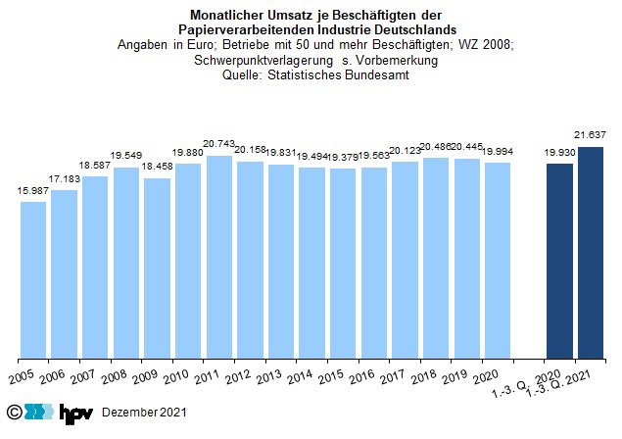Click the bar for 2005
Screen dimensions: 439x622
tap(33, 279)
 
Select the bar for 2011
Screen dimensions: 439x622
tap(219, 257)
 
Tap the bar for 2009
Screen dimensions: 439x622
tap(157, 268)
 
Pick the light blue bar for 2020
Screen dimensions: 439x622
tap(498, 260)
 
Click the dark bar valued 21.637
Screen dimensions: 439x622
tap(591, 252)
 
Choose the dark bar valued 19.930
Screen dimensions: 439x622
tap(559, 261)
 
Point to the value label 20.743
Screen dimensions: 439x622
tap(218, 145)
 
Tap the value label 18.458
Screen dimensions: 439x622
tap(157, 168)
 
